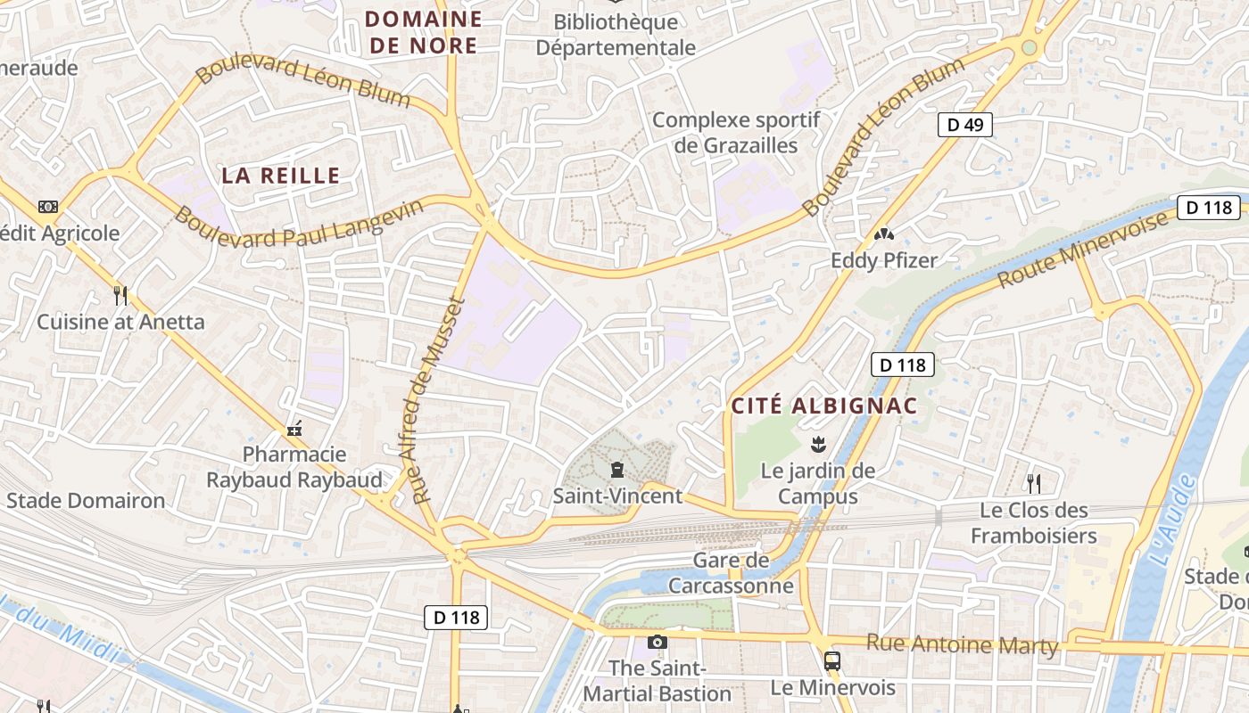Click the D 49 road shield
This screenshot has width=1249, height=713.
point(964,125)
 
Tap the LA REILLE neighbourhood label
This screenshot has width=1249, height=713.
point(281,176)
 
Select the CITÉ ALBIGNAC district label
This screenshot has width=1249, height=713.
point(824,406)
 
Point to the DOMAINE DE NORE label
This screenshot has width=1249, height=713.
point(424,32)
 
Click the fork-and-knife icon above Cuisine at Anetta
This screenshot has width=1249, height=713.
point(120,295)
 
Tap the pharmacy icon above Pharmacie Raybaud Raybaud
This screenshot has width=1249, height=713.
point(294,430)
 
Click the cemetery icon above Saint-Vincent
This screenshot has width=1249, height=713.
point(616,470)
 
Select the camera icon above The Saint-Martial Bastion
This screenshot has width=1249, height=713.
point(657,642)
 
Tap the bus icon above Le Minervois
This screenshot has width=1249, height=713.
point(831,661)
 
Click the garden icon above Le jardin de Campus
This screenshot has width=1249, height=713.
point(816,443)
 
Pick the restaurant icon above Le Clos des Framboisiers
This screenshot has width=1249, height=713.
point(1033,484)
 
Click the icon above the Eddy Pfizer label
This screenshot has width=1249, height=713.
point(883,234)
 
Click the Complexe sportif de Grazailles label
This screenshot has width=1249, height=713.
point(736,132)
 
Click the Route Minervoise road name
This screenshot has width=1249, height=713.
point(1082,250)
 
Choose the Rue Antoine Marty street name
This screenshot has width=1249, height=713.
point(962,644)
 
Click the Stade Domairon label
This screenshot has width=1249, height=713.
point(86,501)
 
